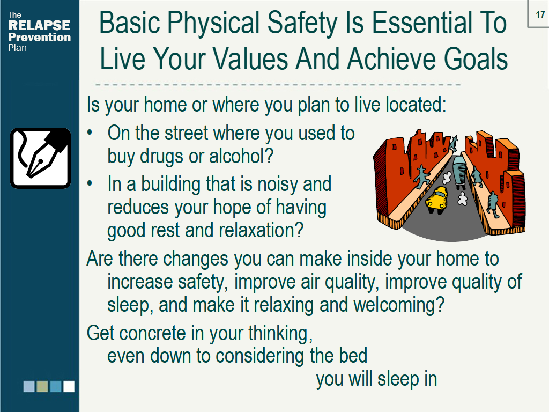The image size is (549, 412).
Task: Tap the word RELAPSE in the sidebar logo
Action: click(39, 25)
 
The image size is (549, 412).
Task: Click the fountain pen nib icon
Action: click(41, 158)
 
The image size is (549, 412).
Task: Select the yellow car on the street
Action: click(437, 200)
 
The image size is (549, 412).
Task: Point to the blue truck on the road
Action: click(460, 170)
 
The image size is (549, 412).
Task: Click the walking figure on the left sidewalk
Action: click(421, 174)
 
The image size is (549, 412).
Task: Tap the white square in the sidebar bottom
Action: click(69, 386)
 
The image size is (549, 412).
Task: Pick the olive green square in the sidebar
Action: click(42, 386)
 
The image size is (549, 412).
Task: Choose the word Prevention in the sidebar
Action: click(40, 37)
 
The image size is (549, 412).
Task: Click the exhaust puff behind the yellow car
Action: click(462, 200)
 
